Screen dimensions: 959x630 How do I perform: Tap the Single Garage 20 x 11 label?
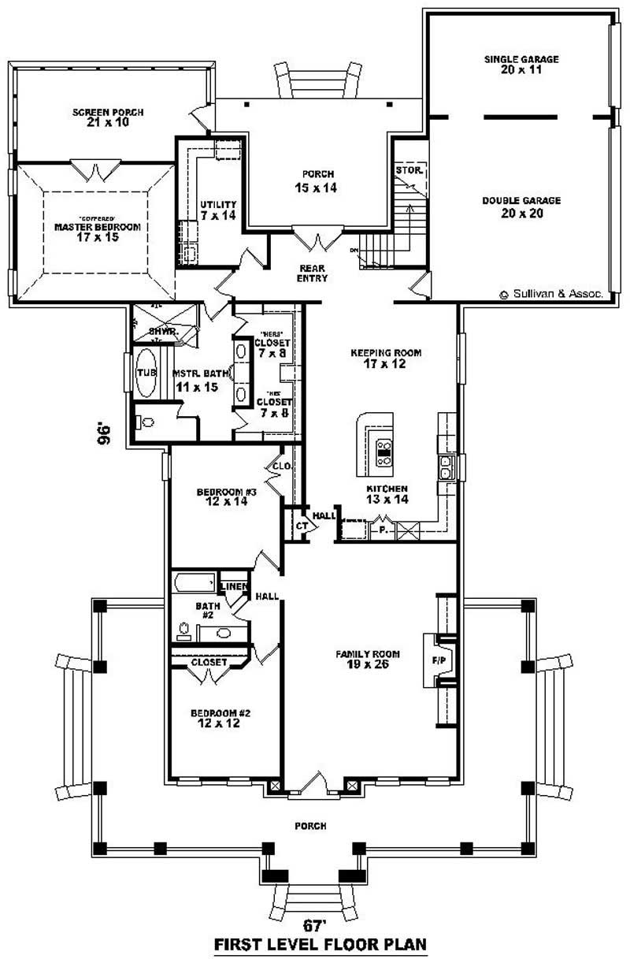pyautogui.click(x=521, y=65)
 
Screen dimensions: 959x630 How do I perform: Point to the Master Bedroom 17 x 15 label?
pyautogui.click(x=97, y=231)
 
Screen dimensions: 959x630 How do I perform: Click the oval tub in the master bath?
pyautogui.click(x=146, y=381)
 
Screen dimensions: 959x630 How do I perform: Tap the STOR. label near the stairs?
pyautogui.click(x=409, y=169)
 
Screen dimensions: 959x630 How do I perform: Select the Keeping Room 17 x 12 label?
pyautogui.click(x=386, y=359)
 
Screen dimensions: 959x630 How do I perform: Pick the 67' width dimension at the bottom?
pyautogui.click(x=315, y=924)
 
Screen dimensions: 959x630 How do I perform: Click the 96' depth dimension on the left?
pyautogui.click(x=104, y=434)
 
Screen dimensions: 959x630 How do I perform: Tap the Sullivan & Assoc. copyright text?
pyautogui.click(x=551, y=293)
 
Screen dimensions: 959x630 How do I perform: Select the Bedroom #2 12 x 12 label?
pyautogui.click(x=220, y=718)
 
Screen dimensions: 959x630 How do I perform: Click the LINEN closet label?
pyautogui.click(x=235, y=586)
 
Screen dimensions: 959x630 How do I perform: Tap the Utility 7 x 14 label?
pyautogui.click(x=218, y=209)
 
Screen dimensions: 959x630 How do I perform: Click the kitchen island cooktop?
pyautogui.click(x=385, y=455)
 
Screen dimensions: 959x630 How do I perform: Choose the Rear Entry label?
pyautogui.click(x=313, y=273)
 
